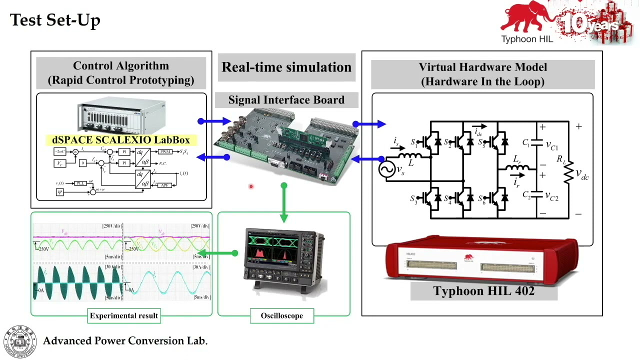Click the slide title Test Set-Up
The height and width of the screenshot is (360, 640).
tap(55, 20)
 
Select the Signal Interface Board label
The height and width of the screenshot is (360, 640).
tap(286, 100)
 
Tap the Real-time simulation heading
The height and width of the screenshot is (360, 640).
tap(286, 67)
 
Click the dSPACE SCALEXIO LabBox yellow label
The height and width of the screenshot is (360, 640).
tap(121, 140)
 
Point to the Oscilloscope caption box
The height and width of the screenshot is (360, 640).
tap(281, 315)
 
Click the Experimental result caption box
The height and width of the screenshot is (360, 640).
tap(124, 315)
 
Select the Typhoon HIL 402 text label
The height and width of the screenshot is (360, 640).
tap(483, 291)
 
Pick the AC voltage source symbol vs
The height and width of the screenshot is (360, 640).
tap(387, 170)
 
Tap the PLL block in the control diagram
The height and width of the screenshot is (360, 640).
tap(79, 183)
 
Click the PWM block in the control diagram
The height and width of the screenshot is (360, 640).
tap(165, 151)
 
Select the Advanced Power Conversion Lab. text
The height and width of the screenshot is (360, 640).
tap(125, 341)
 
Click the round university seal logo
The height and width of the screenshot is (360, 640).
tap(20, 341)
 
